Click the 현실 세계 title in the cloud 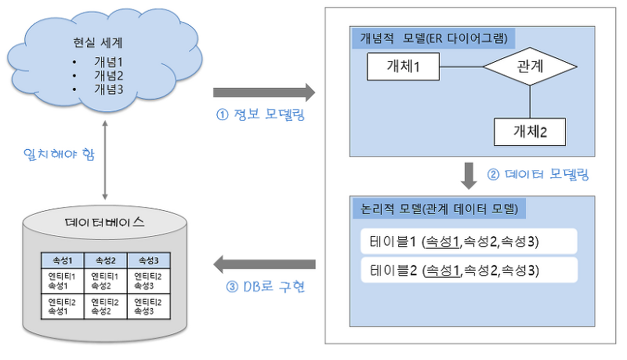point(103,45)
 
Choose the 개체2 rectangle point(530,131)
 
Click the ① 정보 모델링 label point(259,117)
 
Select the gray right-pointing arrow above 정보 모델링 point(265,93)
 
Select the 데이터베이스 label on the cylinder point(104,222)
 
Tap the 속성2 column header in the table point(103,260)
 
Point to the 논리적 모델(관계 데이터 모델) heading point(439,209)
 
